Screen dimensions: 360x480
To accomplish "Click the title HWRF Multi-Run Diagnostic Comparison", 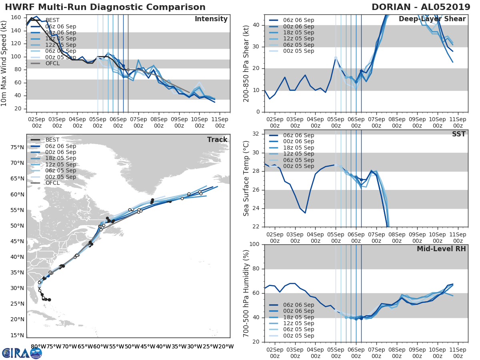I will (x=105, y=7).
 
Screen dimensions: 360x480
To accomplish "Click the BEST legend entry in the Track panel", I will (x=52, y=140).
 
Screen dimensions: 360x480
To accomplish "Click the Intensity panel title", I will (x=211, y=19).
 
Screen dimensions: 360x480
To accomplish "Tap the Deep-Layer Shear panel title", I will (x=432, y=19).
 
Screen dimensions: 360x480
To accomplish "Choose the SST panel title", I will (x=458, y=134).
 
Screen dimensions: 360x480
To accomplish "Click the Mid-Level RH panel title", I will (x=441, y=249).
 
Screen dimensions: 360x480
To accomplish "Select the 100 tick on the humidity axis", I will (x=254, y=244).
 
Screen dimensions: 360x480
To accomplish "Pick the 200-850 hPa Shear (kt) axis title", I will (x=246, y=63).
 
